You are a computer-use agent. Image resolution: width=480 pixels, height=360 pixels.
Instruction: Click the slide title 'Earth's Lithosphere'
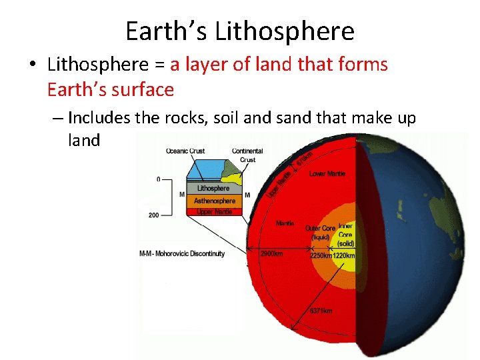(x=240, y=31)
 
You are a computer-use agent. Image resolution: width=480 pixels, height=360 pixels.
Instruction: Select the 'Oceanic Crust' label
(x=186, y=151)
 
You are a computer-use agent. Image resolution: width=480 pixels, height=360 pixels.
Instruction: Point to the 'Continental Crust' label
(x=247, y=155)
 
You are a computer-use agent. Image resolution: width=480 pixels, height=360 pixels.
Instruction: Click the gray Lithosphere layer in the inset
(x=213, y=189)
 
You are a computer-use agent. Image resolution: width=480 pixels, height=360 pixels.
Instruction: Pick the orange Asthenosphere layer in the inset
(x=215, y=201)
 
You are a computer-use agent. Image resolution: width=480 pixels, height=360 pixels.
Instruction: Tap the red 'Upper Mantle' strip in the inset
(x=215, y=211)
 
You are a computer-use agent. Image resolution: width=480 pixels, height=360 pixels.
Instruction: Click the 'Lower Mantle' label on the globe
(x=327, y=174)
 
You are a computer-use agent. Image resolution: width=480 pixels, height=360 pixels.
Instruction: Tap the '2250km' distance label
(x=321, y=256)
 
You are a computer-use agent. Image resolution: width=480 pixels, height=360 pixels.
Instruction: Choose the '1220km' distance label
(x=344, y=256)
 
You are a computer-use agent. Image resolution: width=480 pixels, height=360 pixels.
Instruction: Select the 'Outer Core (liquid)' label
(x=320, y=233)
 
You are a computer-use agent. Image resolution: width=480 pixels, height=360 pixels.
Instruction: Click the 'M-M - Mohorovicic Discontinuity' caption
(x=182, y=253)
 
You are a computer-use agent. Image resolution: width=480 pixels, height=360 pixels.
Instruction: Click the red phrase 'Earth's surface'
(x=111, y=89)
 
